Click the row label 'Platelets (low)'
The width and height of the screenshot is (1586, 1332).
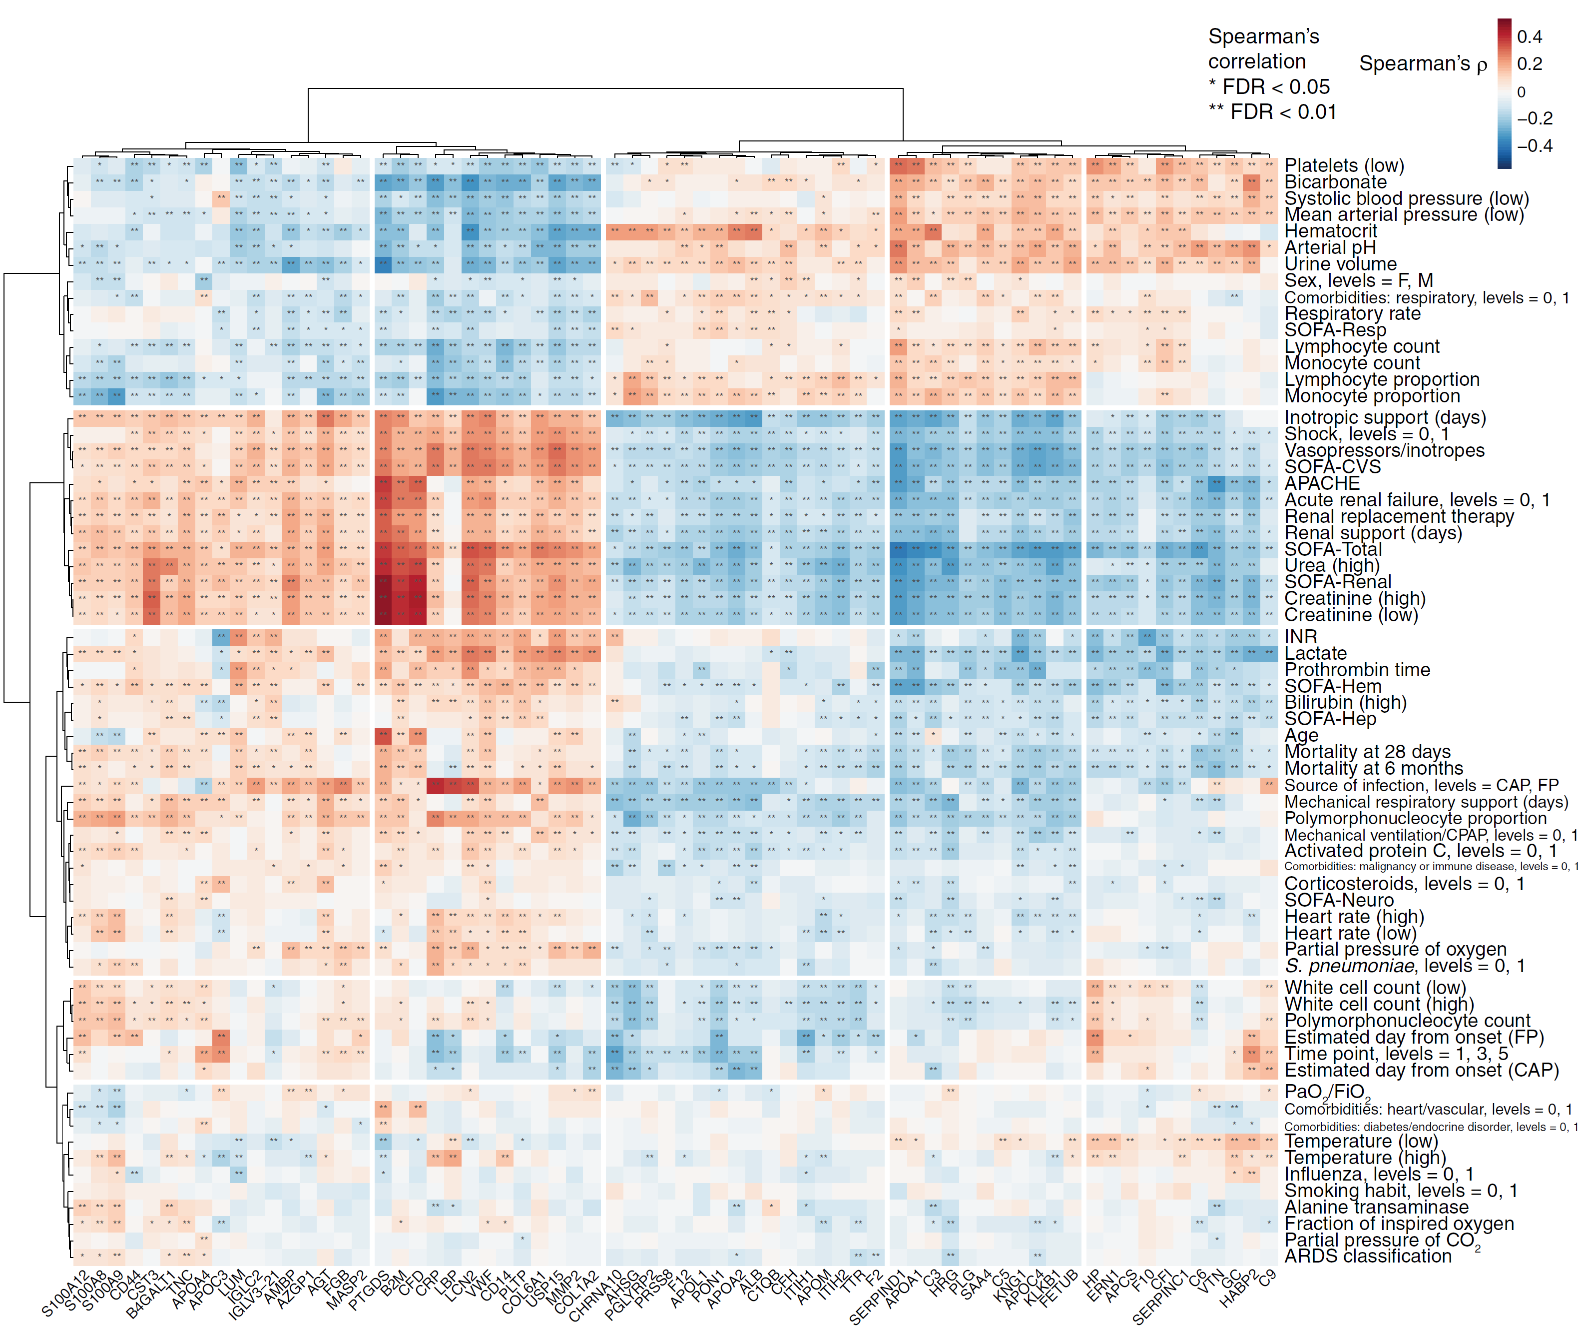[x=1344, y=165]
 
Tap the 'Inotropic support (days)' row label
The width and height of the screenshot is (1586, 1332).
[x=1384, y=417]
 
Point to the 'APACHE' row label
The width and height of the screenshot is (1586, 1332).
[x=1322, y=483]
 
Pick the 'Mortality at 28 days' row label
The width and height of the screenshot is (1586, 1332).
[x=1367, y=752]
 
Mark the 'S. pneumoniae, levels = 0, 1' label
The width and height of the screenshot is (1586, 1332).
[x=1404, y=966]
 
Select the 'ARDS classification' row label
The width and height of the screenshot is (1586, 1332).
[x=1368, y=1256]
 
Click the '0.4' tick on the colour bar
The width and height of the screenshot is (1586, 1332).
[x=1530, y=37]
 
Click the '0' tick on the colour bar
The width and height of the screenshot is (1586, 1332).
[x=1521, y=92]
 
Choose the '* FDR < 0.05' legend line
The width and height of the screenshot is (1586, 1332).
[x=1269, y=87]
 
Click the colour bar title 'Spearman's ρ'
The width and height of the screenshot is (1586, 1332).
[x=1423, y=64]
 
